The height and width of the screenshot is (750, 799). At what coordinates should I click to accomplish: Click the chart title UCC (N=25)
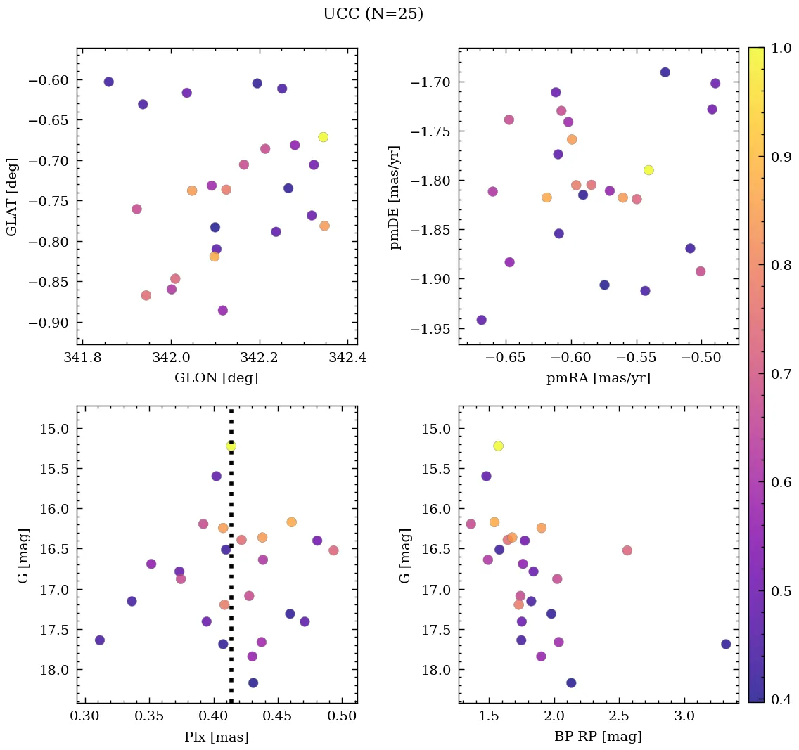point(373,14)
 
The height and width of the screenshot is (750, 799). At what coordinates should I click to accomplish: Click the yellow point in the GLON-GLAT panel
point(323,137)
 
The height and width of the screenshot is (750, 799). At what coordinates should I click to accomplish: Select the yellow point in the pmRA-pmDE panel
point(648,170)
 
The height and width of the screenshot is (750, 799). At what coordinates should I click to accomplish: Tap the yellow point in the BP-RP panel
point(499,446)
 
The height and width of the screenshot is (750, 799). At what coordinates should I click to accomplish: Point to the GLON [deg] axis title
point(217,378)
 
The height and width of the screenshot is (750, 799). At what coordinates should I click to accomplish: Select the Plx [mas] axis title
point(217,737)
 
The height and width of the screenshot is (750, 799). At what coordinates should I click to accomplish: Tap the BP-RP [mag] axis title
point(599,737)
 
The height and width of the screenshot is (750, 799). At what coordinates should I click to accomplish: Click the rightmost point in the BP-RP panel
point(726,644)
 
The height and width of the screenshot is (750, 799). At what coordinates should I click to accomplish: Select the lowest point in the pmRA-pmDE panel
point(481,320)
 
